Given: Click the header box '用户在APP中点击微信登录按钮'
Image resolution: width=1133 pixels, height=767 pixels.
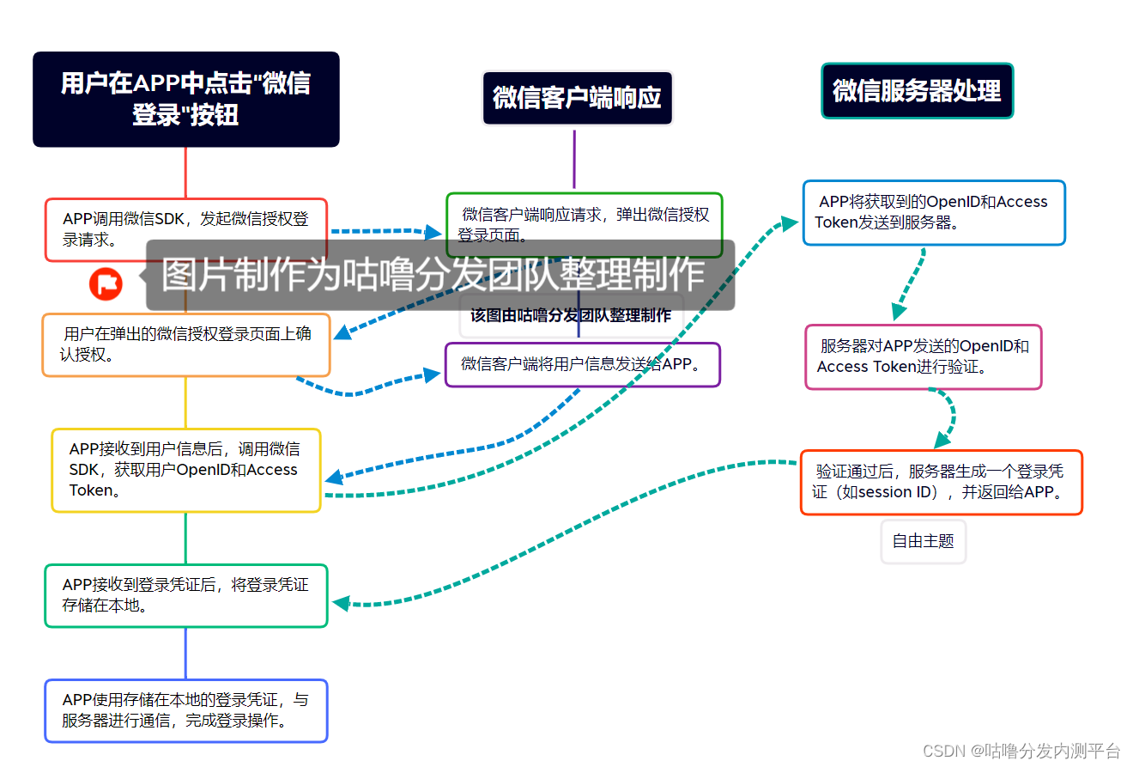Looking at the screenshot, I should [x=185, y=99].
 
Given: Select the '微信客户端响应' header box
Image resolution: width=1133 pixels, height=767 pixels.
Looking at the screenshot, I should [x=577, y=98].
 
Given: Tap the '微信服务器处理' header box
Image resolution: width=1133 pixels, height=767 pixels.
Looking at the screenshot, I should [x=917, y=90].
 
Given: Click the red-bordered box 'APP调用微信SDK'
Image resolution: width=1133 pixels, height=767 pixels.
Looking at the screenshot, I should [x=185, y=229].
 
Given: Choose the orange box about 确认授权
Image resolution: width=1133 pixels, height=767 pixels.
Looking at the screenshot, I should [x=185, y=344].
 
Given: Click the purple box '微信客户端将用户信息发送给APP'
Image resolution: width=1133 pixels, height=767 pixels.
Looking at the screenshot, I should [x=582, y=364].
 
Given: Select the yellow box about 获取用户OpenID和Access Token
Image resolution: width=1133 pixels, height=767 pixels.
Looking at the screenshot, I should [x=185, y=470].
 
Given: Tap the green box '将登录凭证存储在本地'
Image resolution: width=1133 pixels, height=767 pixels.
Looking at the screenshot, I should [x=185, y=595].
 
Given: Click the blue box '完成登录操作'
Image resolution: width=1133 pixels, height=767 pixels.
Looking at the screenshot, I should [x=185, y=710].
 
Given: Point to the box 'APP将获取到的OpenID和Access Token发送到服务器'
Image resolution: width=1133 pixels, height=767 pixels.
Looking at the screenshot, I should [x=933, y=212].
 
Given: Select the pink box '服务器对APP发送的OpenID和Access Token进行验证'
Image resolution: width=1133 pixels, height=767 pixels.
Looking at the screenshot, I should [x=923, y=356].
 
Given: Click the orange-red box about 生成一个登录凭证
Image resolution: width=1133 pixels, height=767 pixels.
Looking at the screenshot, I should [x=941, y=482].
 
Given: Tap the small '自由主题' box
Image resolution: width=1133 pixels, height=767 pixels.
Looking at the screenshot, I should [x=923, y=541].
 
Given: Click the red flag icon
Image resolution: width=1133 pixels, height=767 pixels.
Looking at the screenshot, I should [x=106, y=283].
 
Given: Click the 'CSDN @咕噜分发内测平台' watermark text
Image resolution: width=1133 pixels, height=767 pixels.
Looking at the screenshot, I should [x=1021, y=751].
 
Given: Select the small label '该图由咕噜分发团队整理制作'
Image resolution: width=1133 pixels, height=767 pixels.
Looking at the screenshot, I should [x=571, y=316].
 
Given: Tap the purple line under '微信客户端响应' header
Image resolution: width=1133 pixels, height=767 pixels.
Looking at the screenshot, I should [x=574, y=159].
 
